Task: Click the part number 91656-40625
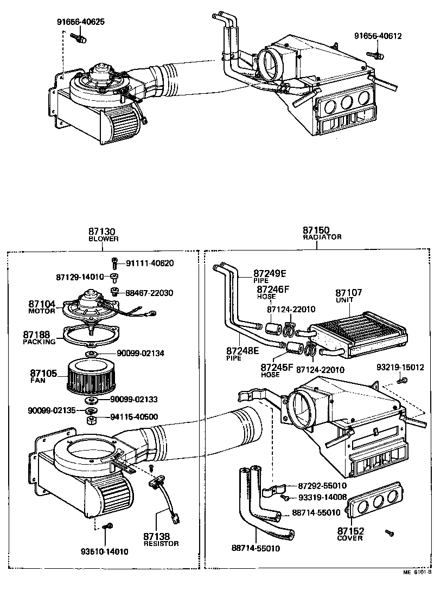pyautogui.click(x=81, y=22)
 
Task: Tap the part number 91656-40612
pyautogui.click(x=378, y=36)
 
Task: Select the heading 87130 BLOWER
pyautogui.click(x=103, y=234)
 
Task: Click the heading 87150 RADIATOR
pyautogui.click(x=322, y=233)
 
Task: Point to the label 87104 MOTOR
pyautogui.click(x=42, y=307)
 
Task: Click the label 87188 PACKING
pyautogui.click(x=39, y=338)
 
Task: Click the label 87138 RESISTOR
pyautogui.click(x=161, y=539)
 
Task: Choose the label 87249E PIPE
pyautogui.click(x=270, y=277)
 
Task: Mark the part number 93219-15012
pyautogui.click(x=400, y=368)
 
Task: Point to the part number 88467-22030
pyautogui.click(x=149, y=293)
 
